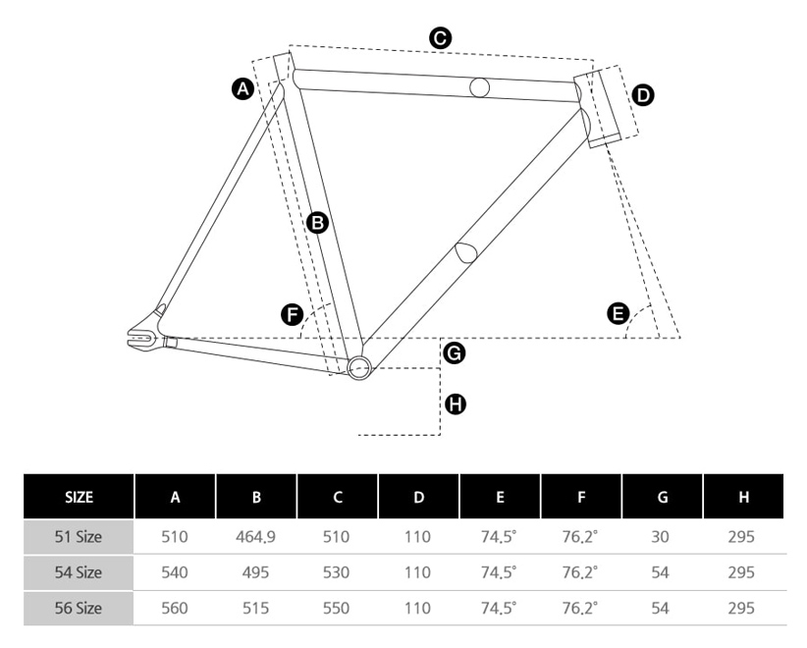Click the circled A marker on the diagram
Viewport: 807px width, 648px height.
point(242,89)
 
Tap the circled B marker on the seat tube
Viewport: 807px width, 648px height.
point(316,223)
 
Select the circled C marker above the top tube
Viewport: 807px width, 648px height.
point(441,38)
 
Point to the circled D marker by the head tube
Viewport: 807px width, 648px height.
point(643,95)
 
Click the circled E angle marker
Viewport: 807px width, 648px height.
point(618,313)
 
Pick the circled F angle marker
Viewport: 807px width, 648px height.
point(292,314)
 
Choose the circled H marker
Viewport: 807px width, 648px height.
point(456,403)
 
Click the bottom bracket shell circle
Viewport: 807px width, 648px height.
point(358,368)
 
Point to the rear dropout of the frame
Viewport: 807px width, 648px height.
point(143,337)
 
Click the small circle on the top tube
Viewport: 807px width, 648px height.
point(479,86)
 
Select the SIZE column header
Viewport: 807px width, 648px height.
point(79,497)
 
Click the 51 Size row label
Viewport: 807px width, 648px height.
point(79,537)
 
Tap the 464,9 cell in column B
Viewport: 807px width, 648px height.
point(256,537)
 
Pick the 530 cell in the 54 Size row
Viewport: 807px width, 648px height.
point(337,572)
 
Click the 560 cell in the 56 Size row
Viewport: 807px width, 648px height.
point(175,608)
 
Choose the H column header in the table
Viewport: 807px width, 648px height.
point(743,497)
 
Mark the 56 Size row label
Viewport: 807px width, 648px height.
point(79,608)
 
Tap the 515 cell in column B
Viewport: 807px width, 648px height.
point(256,608)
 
